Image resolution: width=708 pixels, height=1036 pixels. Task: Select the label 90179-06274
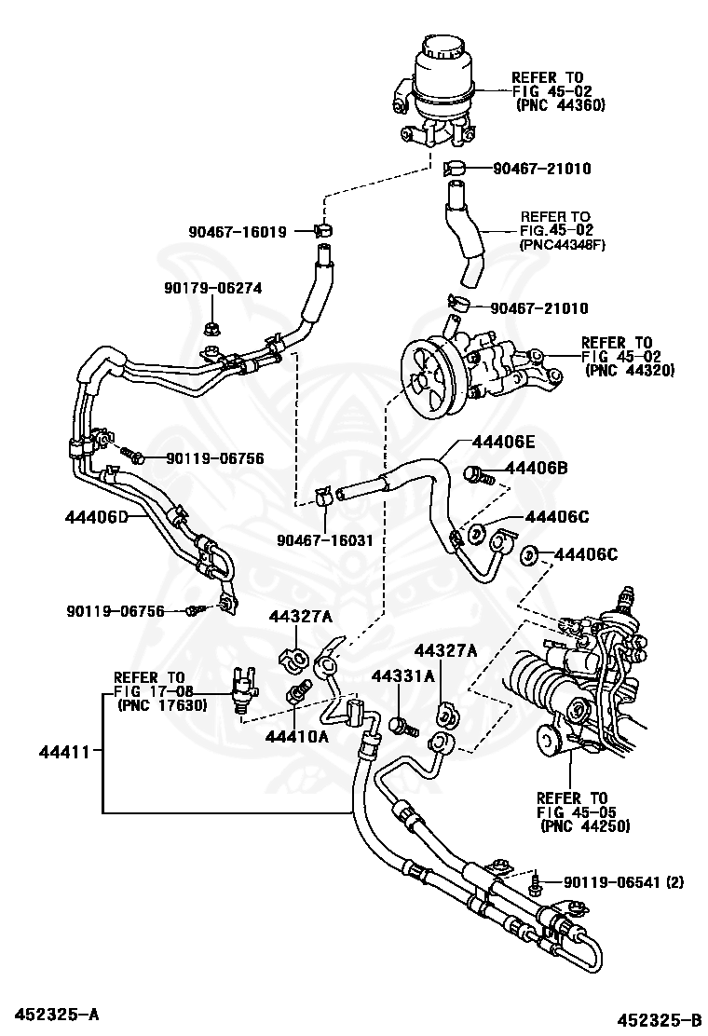point(210,289)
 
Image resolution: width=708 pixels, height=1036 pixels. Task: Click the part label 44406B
point(537,469)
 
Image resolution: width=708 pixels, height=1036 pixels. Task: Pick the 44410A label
point(297,736)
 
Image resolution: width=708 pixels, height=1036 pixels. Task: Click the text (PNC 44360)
point(561,106)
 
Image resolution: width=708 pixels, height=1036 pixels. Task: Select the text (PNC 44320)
point(631,371)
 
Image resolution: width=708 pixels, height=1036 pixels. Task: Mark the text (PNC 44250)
point(583,825)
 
